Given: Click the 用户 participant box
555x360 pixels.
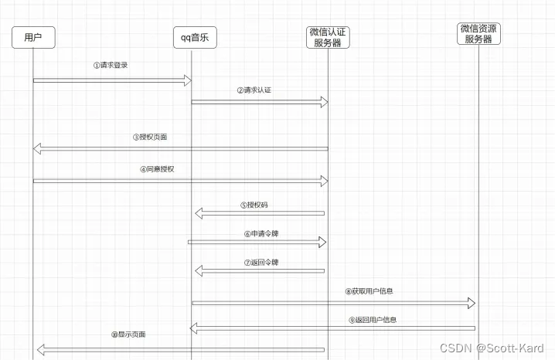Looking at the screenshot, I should click(x=32, y=38).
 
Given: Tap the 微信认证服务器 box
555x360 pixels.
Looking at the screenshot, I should click(x=328, y=37).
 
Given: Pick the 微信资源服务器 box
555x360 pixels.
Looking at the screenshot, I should click(x=478, y=33).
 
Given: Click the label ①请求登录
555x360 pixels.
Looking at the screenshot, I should click(x=111, y=66).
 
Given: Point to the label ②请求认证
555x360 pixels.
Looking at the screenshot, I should click(x=254, y=90).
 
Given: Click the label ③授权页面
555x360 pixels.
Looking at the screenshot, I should click(x=149, y=137).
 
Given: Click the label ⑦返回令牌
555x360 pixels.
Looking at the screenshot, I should click(x=260, y=263).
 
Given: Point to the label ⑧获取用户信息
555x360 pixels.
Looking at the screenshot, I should click(x=369, y=291).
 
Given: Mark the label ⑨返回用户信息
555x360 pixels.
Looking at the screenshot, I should click(x=373, y=319).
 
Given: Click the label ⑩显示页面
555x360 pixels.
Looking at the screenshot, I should click(x=128, y=335).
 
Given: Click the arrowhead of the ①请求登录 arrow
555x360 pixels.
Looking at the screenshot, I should click(x=188, y=80).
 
